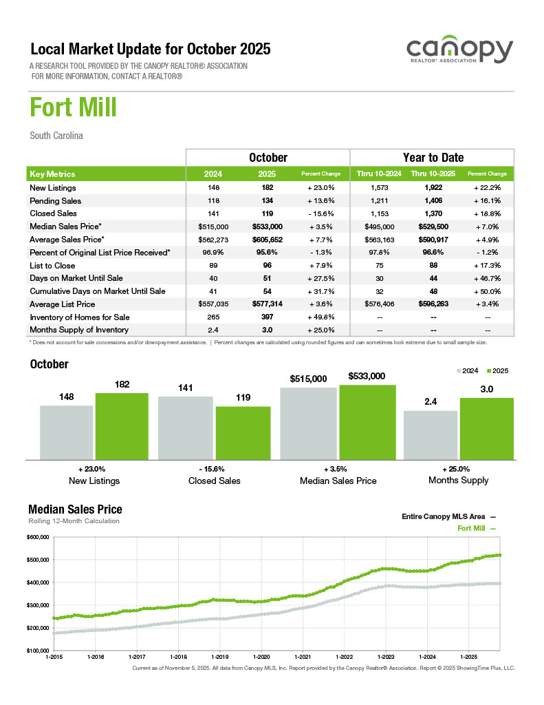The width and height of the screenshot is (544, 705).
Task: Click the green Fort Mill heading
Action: point(73,108)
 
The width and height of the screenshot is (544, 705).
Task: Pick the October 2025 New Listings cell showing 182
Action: point(268,188)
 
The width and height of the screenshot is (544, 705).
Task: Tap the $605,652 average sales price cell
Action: point(268,240)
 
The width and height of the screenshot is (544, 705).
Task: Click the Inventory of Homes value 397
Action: point(268,317)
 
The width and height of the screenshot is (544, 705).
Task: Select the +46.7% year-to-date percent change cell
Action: point(487,278)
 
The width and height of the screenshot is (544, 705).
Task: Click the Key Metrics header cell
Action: point(53,174)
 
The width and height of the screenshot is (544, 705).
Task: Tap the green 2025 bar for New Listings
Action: point(122,425)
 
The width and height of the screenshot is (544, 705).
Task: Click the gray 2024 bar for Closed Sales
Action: point(186,427)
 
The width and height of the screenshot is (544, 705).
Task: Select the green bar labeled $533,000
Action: point(367,421)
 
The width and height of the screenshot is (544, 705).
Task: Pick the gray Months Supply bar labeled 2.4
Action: point(431,434)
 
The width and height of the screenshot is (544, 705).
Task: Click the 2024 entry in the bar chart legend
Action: point(468,371)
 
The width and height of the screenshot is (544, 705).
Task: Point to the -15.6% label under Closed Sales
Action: point(214,469)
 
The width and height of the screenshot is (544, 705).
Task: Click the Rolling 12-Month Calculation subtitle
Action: point(74,521)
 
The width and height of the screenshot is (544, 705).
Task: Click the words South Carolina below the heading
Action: point(56,136)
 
